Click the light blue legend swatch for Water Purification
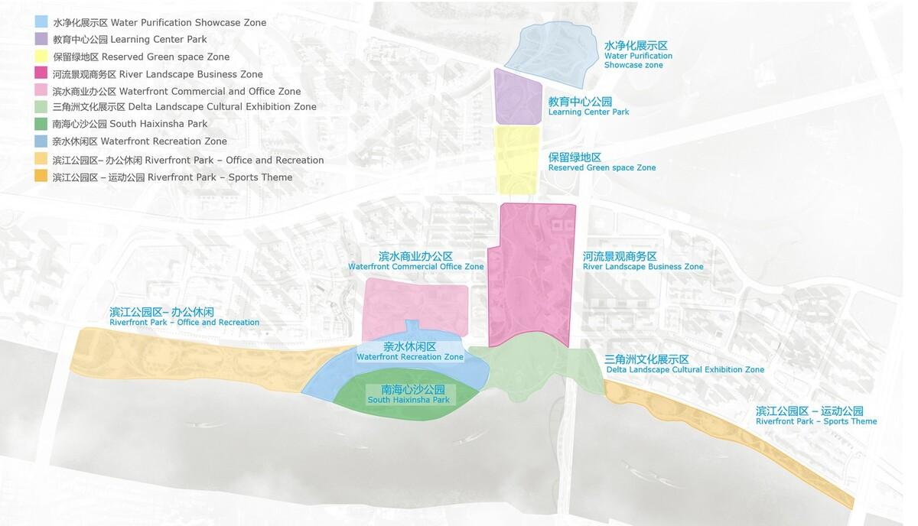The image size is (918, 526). (41, 21)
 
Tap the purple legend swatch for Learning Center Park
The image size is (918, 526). (41, 38)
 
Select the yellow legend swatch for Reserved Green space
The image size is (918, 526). (41, 56)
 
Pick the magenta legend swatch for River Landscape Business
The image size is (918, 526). (41, 73)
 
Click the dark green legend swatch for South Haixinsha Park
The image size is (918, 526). (41, 123)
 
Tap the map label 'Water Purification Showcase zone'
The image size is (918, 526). (638, 56)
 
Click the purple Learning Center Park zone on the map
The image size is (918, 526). (517, 98)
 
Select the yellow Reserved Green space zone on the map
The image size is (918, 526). (517, 159)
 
